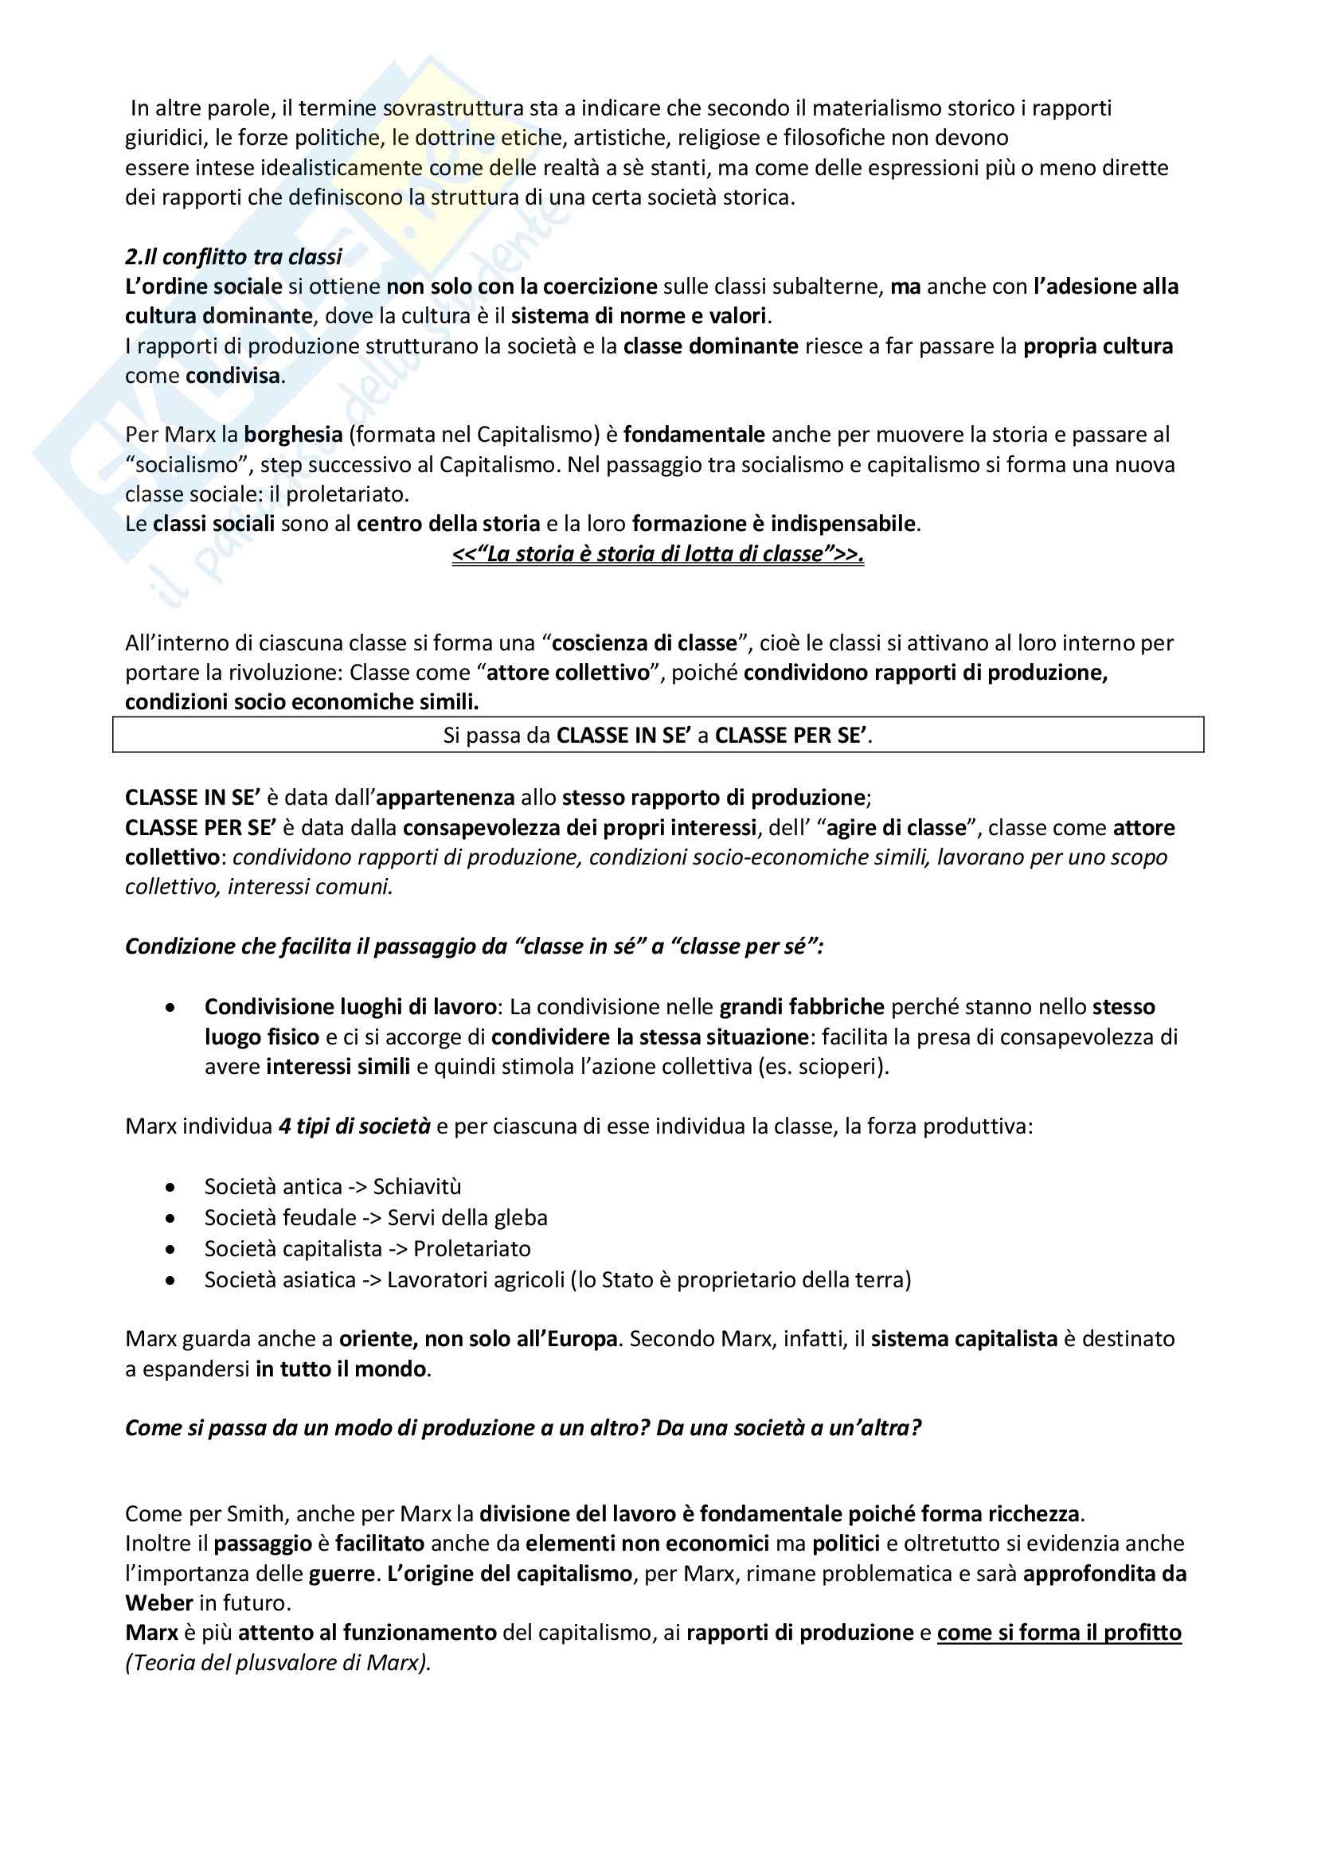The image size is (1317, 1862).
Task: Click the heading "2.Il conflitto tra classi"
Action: pyautogui.click(x=233, y=257)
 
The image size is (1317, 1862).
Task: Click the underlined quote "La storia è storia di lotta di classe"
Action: pyautogui.click(x=658, y=554)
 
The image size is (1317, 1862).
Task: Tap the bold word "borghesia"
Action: pyautogui.click(x=293, y=435)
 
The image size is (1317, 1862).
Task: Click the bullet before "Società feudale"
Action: pyautogui.click(x=170, y=1218)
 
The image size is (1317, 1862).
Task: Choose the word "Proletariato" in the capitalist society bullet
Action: pyautogui.click(x=472, y=1249)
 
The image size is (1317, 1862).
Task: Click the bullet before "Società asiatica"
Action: pyautogui.click(x=170, y=1281)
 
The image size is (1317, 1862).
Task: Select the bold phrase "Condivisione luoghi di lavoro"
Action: pyautogui.click(x=350, y=1007)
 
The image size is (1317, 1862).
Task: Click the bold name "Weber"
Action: pyautogui.click(x=159, y=1603)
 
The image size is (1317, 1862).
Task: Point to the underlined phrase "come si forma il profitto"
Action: pyautogui.click(x=1059, y=1633)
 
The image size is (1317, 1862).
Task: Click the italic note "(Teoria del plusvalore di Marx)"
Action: pyautogui.click(x=278, y=1662)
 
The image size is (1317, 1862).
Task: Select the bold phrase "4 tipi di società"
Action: pyautogui.click(x=354, y=1126)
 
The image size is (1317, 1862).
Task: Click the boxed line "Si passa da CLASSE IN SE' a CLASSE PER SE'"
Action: pyautogui.click(x=658, y=736)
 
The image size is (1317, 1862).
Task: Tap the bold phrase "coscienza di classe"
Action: pyautogui.click(x=644, y=643)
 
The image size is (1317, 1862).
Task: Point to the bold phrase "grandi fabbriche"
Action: pyautogui.click(x=801, y=1007)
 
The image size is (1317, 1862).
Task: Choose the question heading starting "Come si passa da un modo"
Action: pyautogui.click(x=523, y=1428)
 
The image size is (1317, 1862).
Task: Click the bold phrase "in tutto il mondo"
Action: pyautogui.click(x=341, y=1369)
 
